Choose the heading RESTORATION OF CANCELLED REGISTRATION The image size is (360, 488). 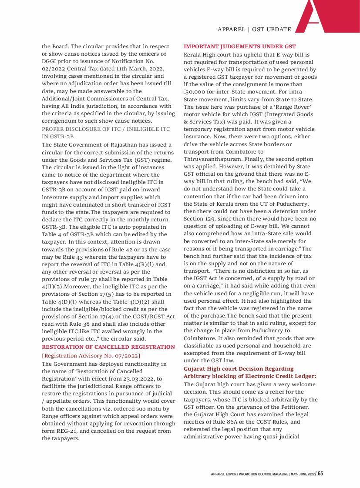(x=108, y=347)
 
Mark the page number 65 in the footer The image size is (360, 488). (x=320, y=474)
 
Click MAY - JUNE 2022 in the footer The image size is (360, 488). (x=302, y=474)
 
